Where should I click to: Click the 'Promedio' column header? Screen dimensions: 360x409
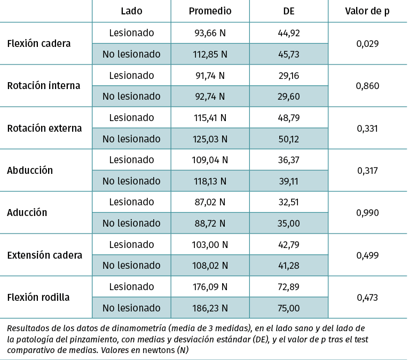coord(210,11)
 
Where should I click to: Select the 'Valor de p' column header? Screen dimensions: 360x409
coord(367,11)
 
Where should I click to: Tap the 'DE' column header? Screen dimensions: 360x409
coord(289,11)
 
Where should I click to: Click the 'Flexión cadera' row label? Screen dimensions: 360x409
coord(39,43)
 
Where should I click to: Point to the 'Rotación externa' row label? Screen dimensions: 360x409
coord(44,128)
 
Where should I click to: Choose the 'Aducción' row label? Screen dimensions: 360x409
coord(27,212)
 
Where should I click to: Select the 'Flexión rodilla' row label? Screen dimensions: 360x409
coord(38,297)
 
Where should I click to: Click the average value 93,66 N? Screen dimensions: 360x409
coord(210,33)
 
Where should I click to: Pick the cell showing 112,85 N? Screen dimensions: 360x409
coord(210,54)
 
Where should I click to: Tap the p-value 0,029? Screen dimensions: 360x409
coord(367,43)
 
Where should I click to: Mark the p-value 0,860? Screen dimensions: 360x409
coord(367,85)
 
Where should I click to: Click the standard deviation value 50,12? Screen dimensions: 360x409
coord(289,139)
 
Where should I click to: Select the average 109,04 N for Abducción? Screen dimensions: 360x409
coord(210,159)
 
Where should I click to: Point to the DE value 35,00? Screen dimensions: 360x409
coord(289,223)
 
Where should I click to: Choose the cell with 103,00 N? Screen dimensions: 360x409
coord(210,244)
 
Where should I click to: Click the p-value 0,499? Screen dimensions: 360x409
coord(367,255)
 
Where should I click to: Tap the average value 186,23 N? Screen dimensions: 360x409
coord(210,308)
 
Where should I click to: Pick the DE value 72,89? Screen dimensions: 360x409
coord(289,286)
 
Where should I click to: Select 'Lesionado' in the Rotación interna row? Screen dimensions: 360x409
coord(131,75)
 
